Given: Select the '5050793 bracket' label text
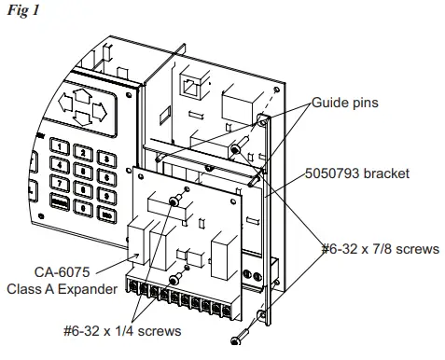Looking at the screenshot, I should pos(356,173).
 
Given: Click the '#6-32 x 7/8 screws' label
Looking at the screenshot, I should pos(382,249).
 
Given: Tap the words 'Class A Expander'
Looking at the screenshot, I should pos(75,289).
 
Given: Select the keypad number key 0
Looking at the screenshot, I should pos(83,208).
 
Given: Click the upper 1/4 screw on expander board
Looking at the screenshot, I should pos(174,201).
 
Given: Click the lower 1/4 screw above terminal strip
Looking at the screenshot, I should pos(174,280).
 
